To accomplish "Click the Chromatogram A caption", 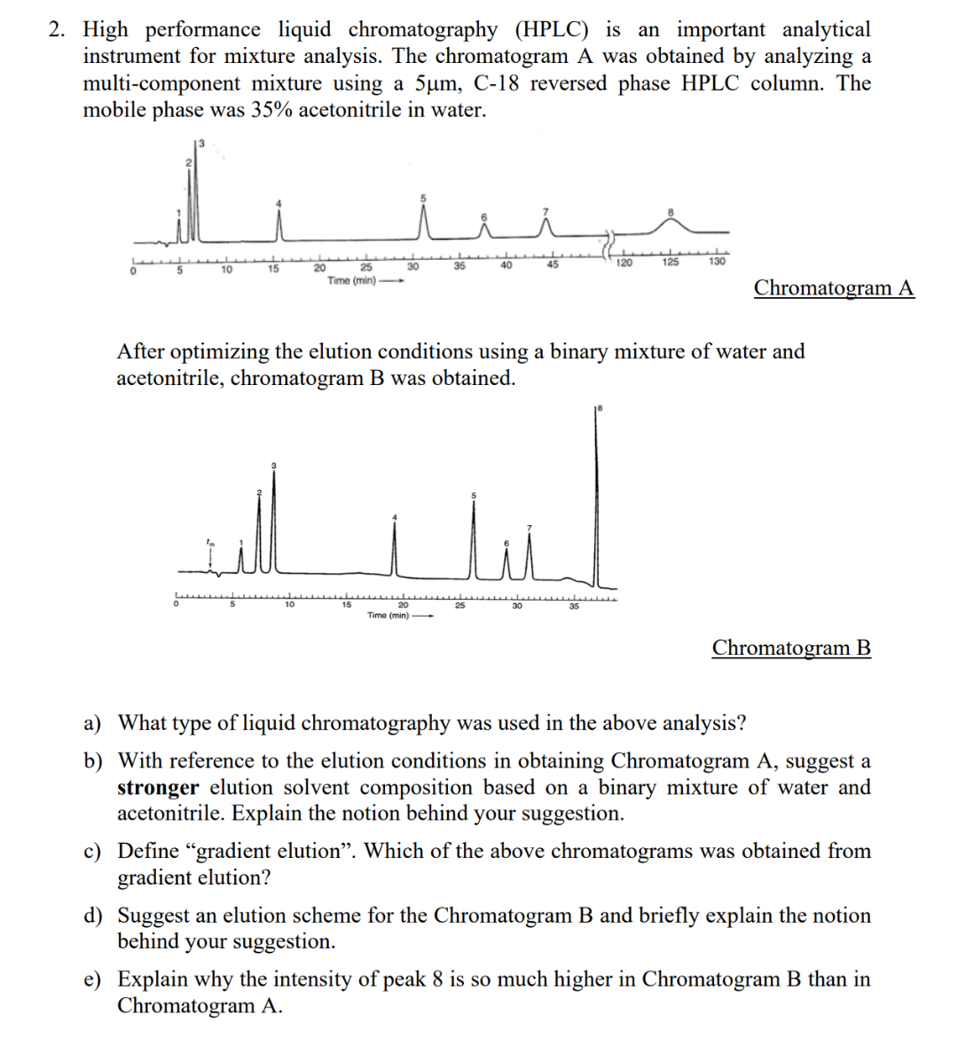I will pyautogui.click(x=833, y=288).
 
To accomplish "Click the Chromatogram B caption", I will pyautogui.click(x=791, y=648).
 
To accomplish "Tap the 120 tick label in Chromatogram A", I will pyautogui.click(x=624, y=263).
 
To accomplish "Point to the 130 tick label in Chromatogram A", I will pyautogui.click(x=717, y=262).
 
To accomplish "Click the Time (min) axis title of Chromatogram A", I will pyautogui.click(x=351, y=281).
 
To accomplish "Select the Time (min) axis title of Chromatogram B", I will pyautogui.click(x=389, y=615).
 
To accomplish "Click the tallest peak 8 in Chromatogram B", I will pyautogui.click(x=596, y=497).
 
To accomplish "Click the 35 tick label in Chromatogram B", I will pyautogui.click(x=574, y=607).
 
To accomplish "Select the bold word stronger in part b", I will pyautogui.click(x=158, y=788).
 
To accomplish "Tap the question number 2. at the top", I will pyautogui.click(x=57, y=30).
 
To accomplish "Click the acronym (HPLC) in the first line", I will pyautogui.click(x=551, y=30).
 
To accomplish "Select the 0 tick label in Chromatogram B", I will pyautogui.click(x=176, y=605).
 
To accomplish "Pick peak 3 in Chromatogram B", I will pyautogui.click(x=273, y=519).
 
